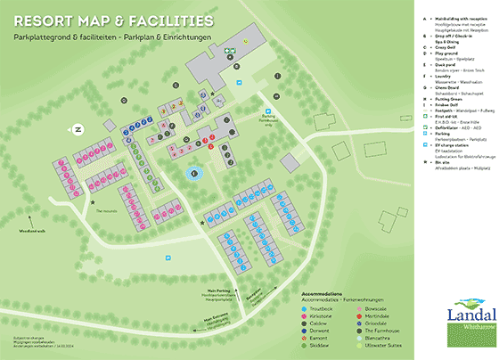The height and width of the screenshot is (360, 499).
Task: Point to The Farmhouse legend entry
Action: (383, 332)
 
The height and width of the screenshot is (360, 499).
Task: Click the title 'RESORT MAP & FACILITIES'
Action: (113, 19)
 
